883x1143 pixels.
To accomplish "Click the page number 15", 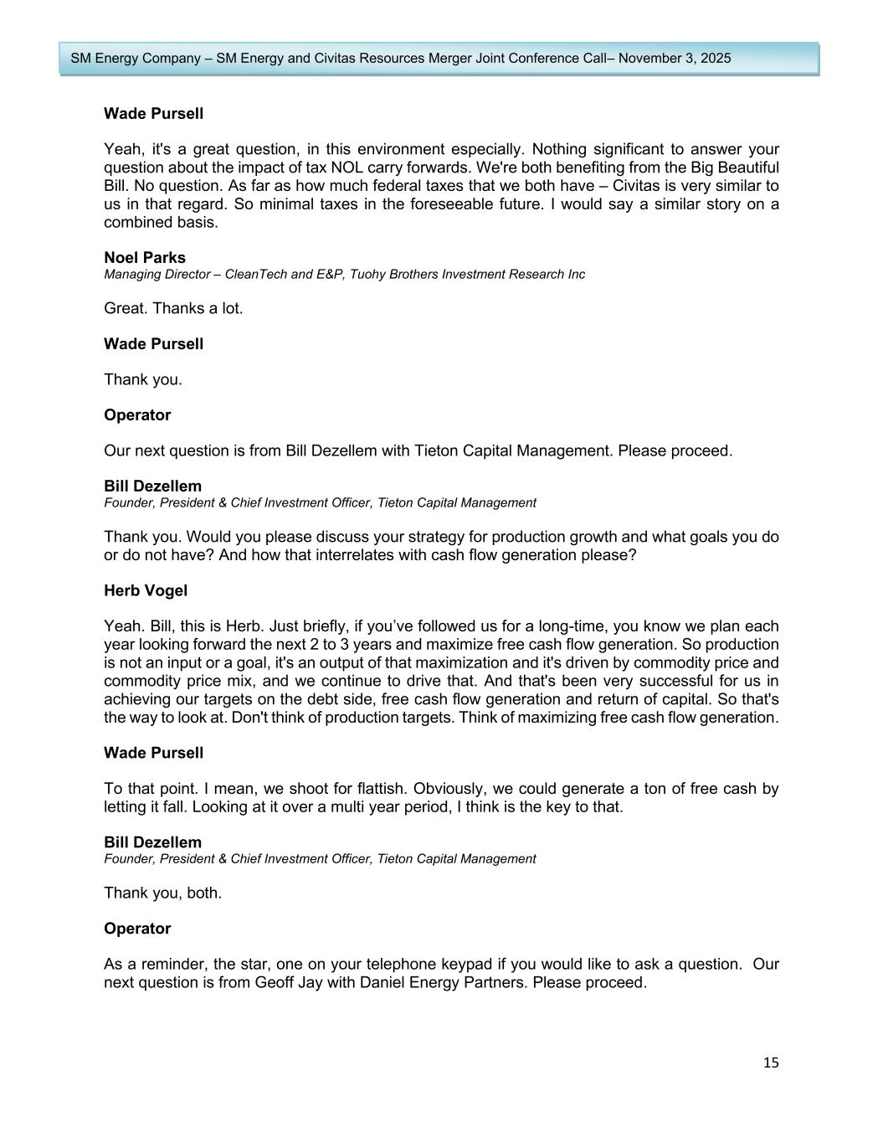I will [771, 1063].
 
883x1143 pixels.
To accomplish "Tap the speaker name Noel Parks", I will [145, 258].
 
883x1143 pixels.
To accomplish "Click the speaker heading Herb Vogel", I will [146, 590].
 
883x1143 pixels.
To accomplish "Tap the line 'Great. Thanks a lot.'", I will [173, 308].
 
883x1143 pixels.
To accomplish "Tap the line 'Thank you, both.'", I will [162, 893].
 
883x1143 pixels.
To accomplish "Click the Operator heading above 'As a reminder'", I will [137, 929].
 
